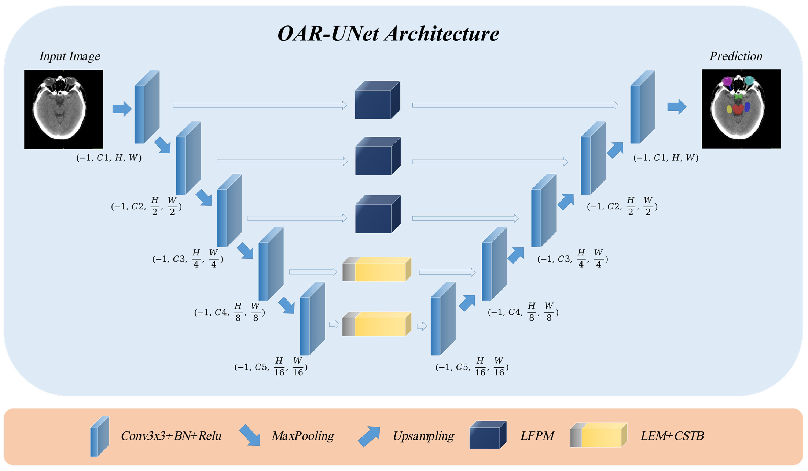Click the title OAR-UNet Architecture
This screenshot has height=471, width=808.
388,34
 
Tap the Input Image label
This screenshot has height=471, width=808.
70,56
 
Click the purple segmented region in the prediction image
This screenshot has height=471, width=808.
727,81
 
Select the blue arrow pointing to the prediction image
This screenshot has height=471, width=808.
677,107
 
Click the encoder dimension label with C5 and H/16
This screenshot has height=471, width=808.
271,367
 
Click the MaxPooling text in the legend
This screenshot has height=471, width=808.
303,436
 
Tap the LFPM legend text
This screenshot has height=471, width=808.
537,436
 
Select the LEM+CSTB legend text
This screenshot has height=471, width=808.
672,436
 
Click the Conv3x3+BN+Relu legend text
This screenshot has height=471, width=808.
171,436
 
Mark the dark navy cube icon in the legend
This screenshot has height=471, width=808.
487,435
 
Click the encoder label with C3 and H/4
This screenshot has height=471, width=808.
188,259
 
